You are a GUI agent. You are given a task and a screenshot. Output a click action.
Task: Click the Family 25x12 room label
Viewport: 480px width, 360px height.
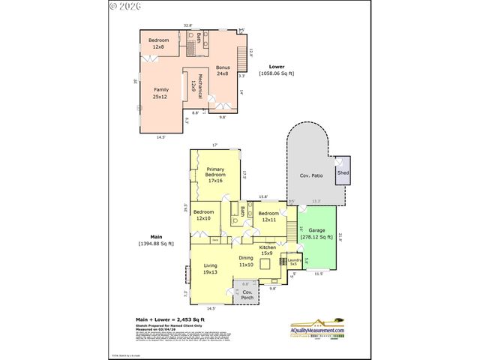(x=160, y=92)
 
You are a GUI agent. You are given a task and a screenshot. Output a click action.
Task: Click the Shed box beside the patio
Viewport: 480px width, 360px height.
(x=343, y=172)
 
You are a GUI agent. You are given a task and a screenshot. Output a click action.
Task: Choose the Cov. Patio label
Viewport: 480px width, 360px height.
(x=310, y=175)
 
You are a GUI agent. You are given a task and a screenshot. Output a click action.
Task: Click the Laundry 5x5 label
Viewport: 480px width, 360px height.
(x=295, y=262)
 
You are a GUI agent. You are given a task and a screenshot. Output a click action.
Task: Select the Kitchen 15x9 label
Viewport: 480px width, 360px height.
(x=268, y=250)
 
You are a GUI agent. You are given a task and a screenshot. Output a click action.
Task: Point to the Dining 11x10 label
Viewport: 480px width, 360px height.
(x=246, y=261)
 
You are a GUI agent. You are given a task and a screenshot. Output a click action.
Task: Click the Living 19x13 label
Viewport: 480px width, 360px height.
(x=211, y=268)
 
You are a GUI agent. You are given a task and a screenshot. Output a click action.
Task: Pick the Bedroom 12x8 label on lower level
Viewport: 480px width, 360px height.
(x=158, y=43)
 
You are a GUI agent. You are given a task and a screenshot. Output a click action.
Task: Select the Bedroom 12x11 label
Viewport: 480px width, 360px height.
(x=268, y=216)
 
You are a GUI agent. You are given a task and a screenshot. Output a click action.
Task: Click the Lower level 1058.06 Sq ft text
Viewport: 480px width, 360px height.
(x=276, y=70)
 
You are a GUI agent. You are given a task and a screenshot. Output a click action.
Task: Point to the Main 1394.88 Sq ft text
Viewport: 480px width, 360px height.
(x=156, y=240)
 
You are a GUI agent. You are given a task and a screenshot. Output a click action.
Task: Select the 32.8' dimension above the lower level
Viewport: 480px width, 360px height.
(x=187, y=25)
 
